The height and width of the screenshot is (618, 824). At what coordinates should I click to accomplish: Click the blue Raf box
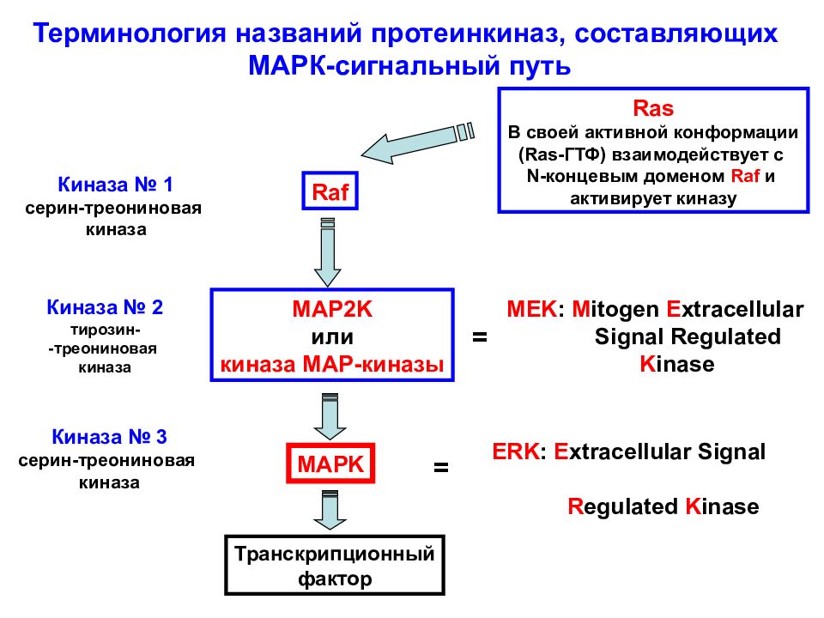pyautogui.click(x=330, y=191)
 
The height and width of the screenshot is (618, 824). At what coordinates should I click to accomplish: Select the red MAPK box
pyautogui.click(x=331, y=464)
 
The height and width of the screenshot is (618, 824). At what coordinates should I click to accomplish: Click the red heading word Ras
pyautogui.click(x=652, y=109)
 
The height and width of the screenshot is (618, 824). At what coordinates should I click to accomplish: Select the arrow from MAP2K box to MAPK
pyautogui.click(x=328, y=416)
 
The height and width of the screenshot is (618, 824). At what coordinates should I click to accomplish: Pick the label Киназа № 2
pyautogui.click(x=105, y=306)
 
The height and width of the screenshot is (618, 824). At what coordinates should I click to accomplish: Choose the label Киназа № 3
pyautogui.click(x=109, y=436)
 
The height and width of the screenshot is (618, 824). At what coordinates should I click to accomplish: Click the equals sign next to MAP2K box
pyautogui.click(x=479, y=338)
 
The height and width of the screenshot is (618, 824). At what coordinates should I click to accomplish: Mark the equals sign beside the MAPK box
pyautogui.click(x=440, y=469)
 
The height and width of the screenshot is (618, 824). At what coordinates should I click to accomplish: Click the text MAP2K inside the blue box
pyautogui.click(x=331, y=310)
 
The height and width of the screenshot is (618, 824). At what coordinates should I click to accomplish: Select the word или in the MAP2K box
pyautogui.click(x=331, y=337)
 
